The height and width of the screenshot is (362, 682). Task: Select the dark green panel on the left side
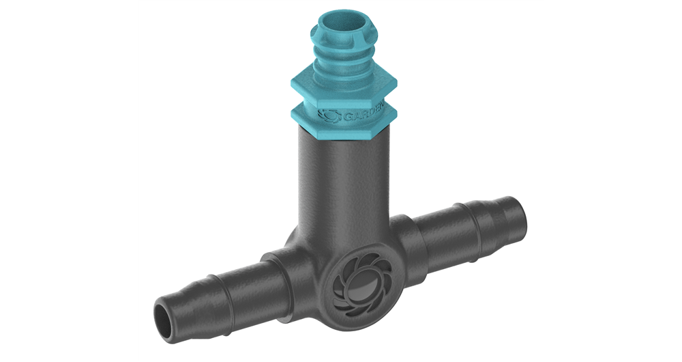(x=68, y=181)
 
